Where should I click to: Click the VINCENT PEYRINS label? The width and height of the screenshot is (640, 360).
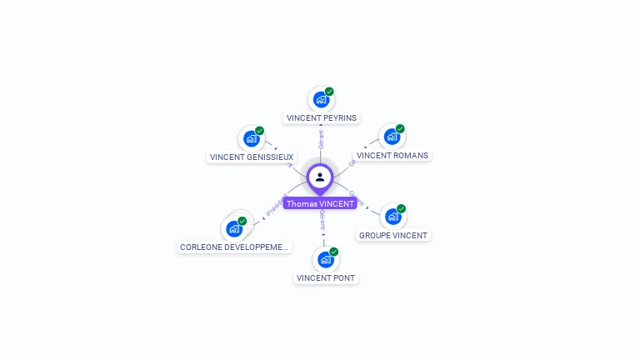click(322, 118)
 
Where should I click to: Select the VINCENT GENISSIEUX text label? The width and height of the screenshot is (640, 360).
click(252, 157)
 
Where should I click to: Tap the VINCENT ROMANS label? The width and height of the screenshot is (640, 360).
click(392, 155)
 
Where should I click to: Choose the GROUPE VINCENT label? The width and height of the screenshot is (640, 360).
click(393, 236)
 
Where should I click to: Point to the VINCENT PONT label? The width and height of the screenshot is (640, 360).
click(326, 278)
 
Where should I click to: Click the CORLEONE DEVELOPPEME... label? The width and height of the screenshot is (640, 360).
click(235, 247)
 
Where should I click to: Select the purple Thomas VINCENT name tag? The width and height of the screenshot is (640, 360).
click(320, 203)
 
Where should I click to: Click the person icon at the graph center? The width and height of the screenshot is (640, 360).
click(320, 177)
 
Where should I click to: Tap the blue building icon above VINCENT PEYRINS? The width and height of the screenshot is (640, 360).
click(321, 100)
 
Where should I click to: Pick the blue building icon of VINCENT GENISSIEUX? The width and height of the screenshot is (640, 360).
click(251, 139)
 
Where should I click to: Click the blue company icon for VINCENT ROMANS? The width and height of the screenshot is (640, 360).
click(391, 137)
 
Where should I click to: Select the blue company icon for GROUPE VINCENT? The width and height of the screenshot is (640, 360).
click(392, 217)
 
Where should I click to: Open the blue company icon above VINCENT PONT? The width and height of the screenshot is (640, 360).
click(325, 260)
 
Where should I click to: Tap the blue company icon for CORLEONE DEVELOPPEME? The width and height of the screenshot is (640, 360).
click(234, 228)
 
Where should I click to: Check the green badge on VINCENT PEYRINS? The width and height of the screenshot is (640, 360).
click(329, 92)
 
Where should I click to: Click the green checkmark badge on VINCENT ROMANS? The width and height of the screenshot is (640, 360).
click(400, 129)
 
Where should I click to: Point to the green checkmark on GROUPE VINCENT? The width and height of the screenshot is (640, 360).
click(401, 209)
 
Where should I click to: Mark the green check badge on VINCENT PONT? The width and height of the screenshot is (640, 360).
click(333, 252)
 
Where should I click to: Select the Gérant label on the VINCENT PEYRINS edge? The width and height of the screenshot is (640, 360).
click(321, 138)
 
